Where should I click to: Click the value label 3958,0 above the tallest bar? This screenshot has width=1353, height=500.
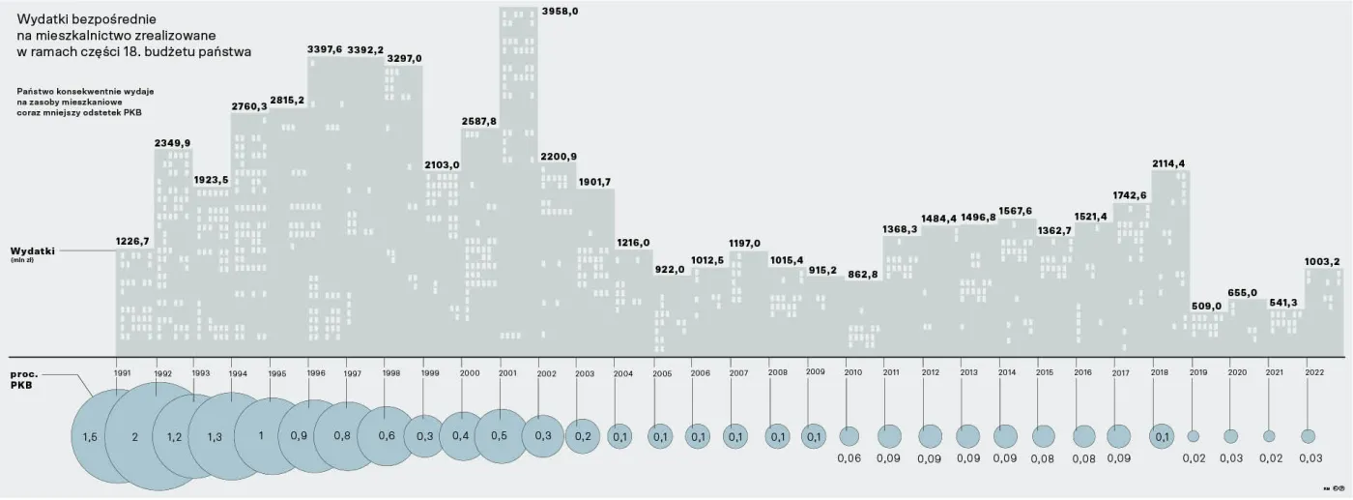point(561,12)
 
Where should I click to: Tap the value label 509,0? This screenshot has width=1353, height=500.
point(1205,307)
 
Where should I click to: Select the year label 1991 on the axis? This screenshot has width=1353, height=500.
point(122,372)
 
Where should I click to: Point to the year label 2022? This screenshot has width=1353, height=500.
point(1314,372)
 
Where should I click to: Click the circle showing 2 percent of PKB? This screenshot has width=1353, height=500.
point(135,437)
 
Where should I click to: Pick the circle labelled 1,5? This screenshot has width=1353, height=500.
point(91,437)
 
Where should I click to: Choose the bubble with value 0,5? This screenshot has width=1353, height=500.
point(501,436)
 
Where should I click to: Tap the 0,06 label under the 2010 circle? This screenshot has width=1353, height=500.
point(849,458)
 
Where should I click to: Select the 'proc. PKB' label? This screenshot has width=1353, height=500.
point(24,378)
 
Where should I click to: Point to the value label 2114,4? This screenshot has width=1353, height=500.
point(1168,163)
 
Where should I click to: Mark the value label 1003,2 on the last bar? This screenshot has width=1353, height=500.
point(1322,261)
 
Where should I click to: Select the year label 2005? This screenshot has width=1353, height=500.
point(662,372)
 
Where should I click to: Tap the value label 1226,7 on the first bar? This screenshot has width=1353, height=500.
point(133,241)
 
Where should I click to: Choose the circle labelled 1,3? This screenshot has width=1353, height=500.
point(214,437)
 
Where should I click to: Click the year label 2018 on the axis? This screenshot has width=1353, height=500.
point(1160,372)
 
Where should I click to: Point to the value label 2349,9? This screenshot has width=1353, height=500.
point(172,143)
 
